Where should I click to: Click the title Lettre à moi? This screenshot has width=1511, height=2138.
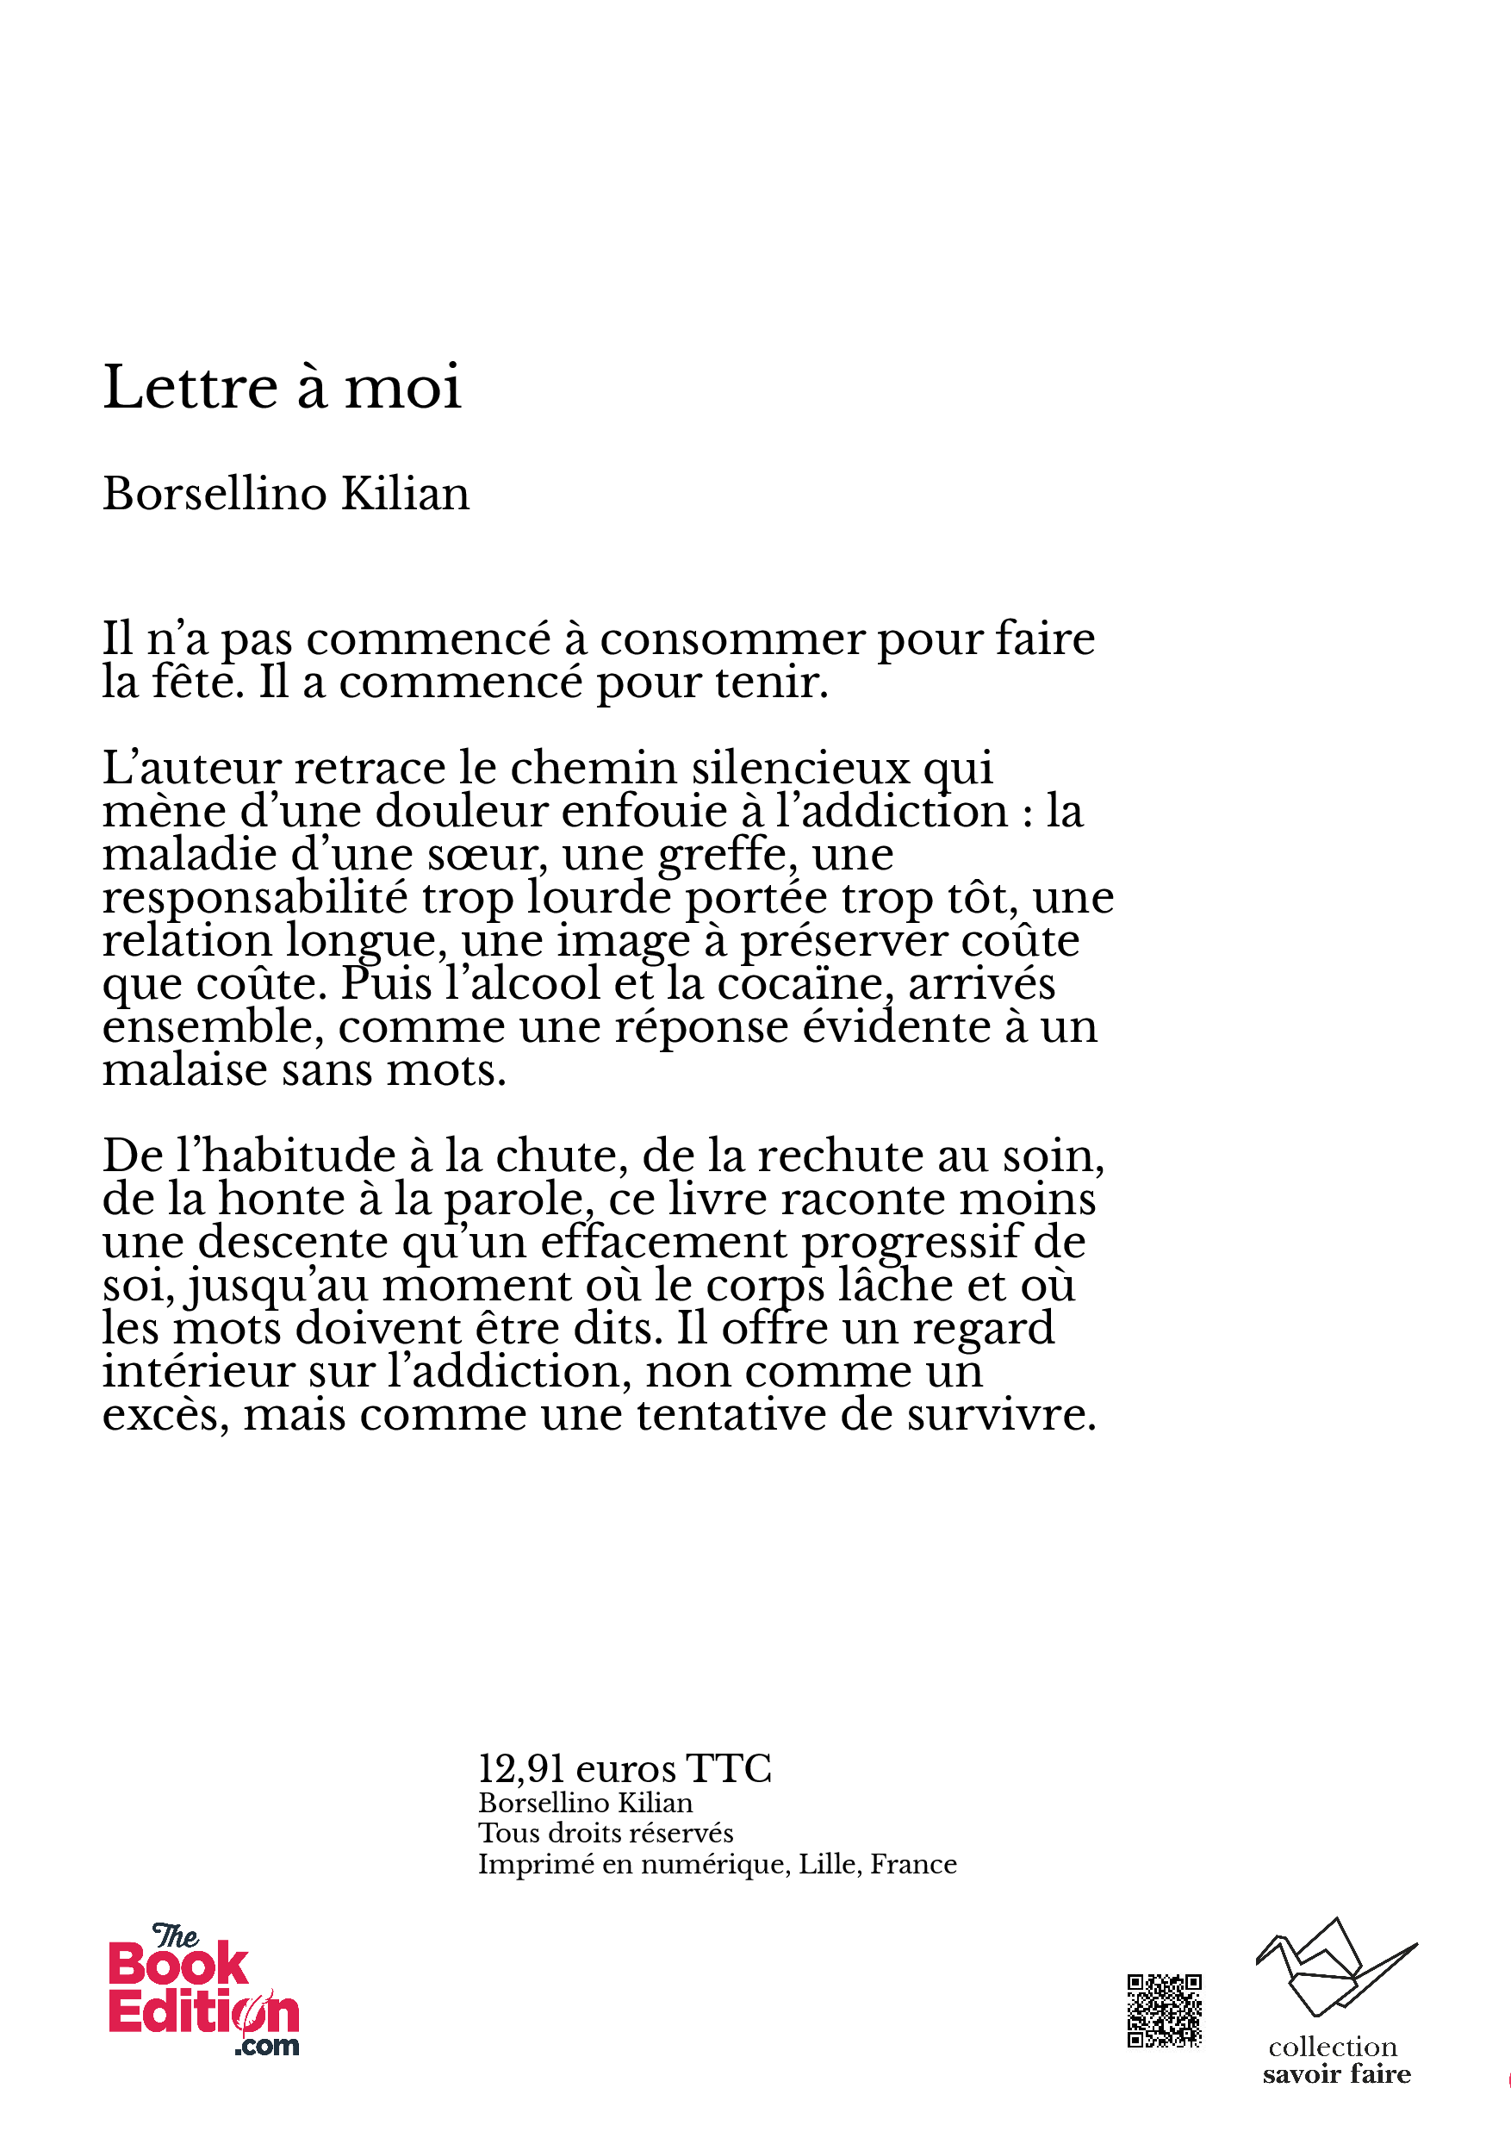[x=281, y=388]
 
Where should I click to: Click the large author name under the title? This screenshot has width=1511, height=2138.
[x=286, y=494]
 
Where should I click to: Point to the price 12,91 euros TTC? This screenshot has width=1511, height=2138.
[x=624, y=1768]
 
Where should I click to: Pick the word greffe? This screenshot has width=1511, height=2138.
[x=726, y=855]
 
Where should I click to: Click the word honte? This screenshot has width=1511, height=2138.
[x=281, y=1199]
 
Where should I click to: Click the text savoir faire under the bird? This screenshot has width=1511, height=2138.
[x=1336, y=2073]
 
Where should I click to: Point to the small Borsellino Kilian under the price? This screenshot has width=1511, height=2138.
[x=585, y=1803]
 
